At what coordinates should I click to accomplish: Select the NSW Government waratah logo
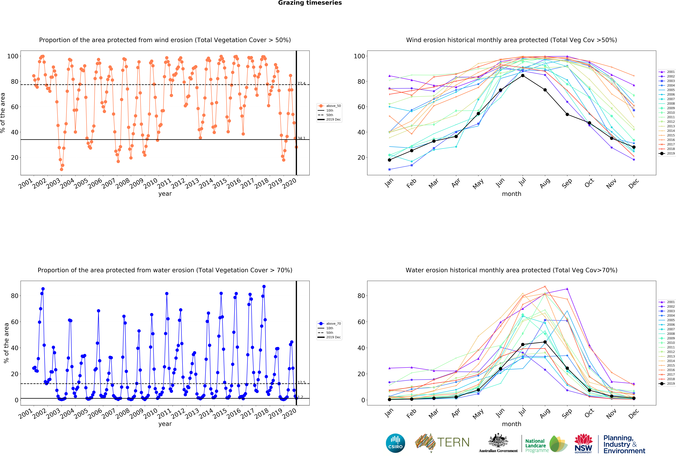tap(583, 443)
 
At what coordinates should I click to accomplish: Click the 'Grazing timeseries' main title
tap(310, 3)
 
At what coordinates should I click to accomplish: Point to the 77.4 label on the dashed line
tap(301, 84)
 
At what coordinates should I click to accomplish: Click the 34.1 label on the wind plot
tap(301, 138)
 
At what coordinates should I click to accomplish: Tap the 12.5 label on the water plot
tap(301, 382)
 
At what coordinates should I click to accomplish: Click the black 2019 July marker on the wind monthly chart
tap(523, 76)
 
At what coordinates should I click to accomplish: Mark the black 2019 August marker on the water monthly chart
tap(545, 342)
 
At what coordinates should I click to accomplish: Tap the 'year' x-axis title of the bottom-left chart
tap(165, 424)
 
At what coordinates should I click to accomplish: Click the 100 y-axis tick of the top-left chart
tap(13, 56)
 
